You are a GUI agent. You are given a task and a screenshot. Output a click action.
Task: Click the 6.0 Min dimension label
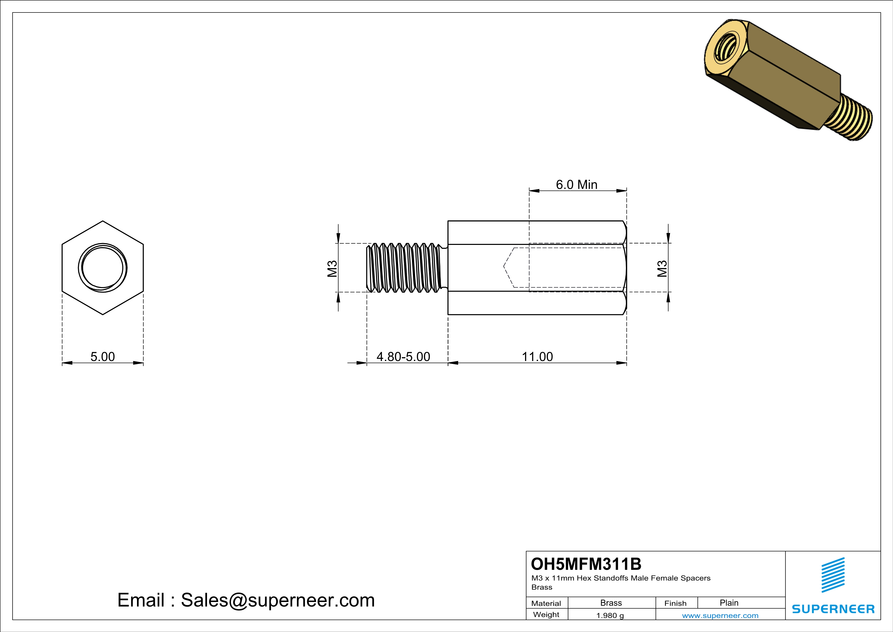tap(576, 185)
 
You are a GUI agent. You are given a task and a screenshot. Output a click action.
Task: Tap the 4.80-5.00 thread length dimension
tap(403, 357)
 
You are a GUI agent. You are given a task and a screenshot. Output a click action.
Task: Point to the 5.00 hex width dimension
tap(103, 357)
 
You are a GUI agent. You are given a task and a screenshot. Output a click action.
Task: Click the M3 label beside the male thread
tap(332, 269)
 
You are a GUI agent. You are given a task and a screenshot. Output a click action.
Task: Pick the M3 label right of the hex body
tap(662, 269)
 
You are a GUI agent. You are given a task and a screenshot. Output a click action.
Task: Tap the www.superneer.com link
tap(720, 615)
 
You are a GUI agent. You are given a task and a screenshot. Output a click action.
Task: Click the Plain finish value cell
tap(729, 602)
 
